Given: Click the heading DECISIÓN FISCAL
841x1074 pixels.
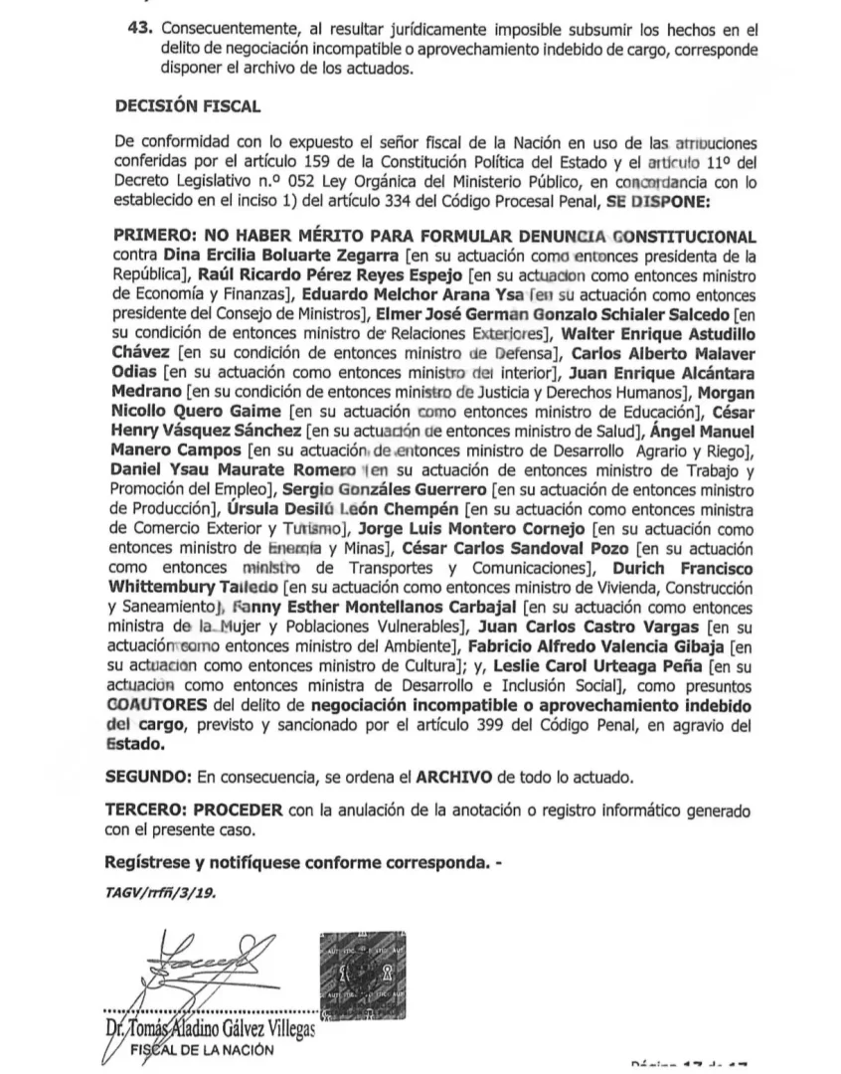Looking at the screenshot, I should (188, 104).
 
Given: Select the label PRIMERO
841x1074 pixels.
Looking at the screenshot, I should (155, 237).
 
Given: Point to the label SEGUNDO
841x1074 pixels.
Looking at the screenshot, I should (148, 775).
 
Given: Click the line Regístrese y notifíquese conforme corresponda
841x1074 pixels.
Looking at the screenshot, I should (302, 861).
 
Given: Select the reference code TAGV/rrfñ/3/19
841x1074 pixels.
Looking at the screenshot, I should (159, 892).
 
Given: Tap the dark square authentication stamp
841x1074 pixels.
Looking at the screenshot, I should (363, 977).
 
